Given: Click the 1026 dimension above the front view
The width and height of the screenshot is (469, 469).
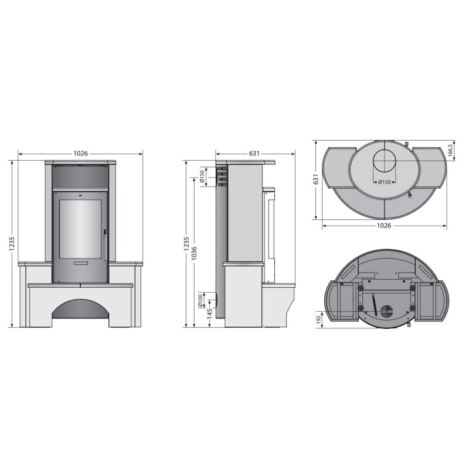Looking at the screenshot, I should (81, 154).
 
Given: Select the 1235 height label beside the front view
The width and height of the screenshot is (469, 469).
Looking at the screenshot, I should (12, 244).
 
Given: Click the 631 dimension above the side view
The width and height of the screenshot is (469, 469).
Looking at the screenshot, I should (254, 154).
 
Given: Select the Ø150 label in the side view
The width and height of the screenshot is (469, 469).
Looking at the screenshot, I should (202, 176).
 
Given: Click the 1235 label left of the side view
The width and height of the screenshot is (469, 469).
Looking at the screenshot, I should (186, 244).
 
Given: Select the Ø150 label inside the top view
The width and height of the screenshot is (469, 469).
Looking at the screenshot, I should (384, 182).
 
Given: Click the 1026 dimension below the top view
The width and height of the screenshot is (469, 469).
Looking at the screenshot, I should (383, 225).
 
